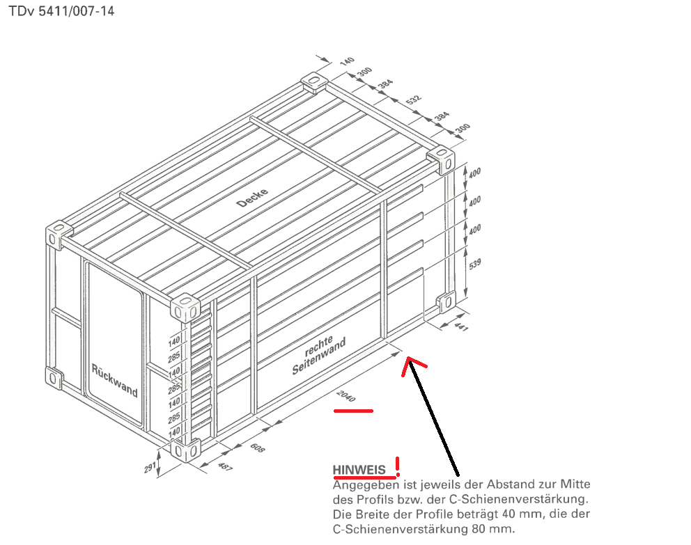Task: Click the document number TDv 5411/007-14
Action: coord(61,11)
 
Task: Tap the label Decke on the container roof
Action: coord(252,198)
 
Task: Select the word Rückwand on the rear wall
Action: coord(114,379)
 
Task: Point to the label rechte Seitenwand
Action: coord(318,355)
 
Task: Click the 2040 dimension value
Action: coord(346,396)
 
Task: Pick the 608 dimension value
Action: coord(257,448)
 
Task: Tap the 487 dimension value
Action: coord(225,466)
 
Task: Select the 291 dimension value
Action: coord(150,467)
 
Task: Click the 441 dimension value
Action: coord(461,326)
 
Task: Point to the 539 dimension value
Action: coord(474,264)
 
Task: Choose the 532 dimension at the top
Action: coord(413,99)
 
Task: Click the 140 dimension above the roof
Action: coord(348,61)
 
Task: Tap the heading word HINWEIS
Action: coord(359,470)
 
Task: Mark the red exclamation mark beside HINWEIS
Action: coord(398,466)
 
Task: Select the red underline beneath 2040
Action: coord(353,411)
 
